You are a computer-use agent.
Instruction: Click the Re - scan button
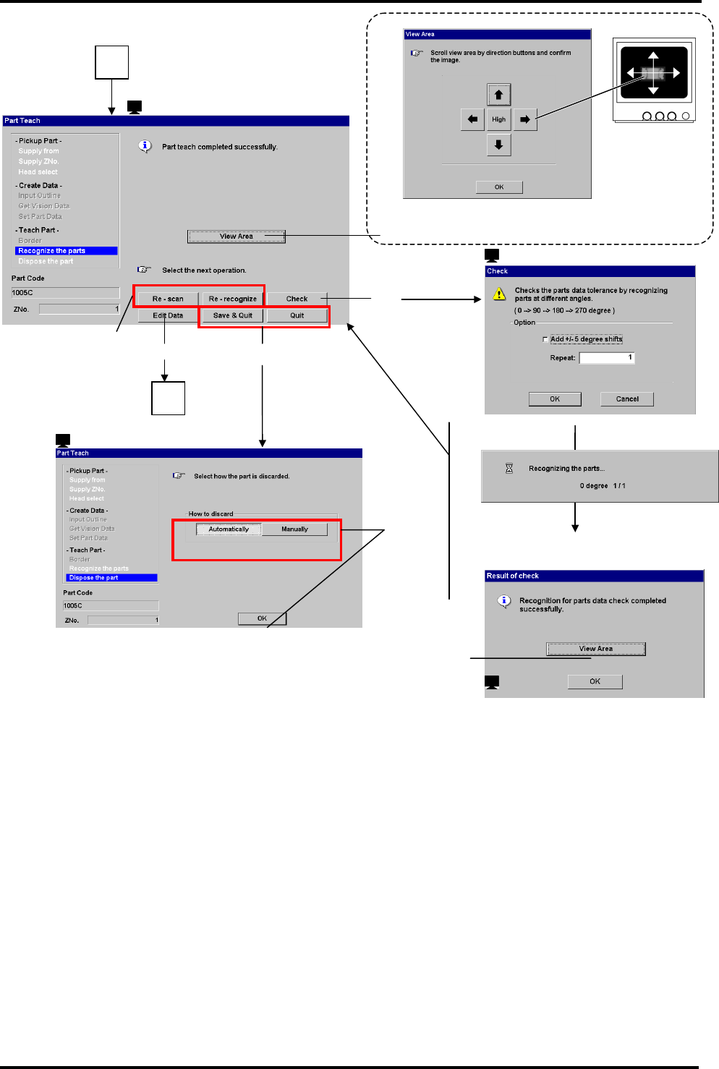click(168, 299)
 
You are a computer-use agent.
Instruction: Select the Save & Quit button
click(233, 315)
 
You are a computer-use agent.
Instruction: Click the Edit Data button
click(168, 315)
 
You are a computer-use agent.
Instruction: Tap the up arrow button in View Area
click(498, 95)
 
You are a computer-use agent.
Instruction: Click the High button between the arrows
click(498, 119)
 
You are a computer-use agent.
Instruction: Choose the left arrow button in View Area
click(472, 119)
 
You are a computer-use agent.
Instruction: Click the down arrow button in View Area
click(498, 145)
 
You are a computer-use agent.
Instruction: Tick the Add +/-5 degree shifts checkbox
click(545, 339)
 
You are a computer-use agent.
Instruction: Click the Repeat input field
click(606, 357)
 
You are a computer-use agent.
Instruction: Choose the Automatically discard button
click(229, 529)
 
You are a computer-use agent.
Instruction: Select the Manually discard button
click(294, 529)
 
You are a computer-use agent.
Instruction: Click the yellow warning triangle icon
click(499, 294)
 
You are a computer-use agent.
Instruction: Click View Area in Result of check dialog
click(595, 649)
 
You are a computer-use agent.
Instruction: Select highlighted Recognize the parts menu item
click(66, 251)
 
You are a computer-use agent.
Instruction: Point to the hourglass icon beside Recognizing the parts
click(509, 469)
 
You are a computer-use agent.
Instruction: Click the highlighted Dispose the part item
click(111, 578)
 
